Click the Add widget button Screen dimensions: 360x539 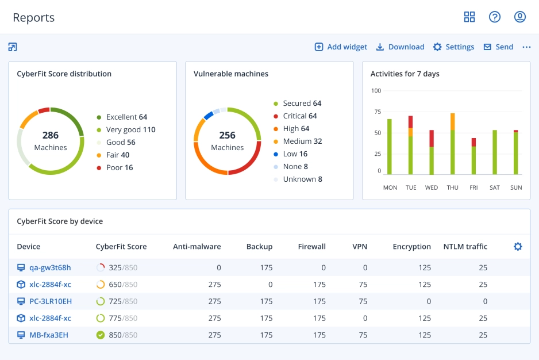pos(341,47)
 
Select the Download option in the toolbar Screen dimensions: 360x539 pos(400,47)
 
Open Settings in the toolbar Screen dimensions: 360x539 pos(453,47)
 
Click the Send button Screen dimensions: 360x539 pos(498,47)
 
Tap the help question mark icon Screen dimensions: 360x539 pos(495,17)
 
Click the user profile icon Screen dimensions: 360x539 pos(520,17)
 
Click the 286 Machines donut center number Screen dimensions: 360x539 pos(51,136)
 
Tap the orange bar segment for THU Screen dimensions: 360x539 pos(453,121)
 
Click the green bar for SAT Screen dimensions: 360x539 pos(495,152)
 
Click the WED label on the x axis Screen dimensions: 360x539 pos(432,187)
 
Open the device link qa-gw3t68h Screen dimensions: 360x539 pos(50,268)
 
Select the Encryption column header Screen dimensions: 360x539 pos(411,247)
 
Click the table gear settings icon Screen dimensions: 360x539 pos(518,247)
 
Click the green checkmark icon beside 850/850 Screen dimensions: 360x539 pos(101,335)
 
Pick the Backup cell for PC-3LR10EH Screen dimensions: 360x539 pos(266,301)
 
